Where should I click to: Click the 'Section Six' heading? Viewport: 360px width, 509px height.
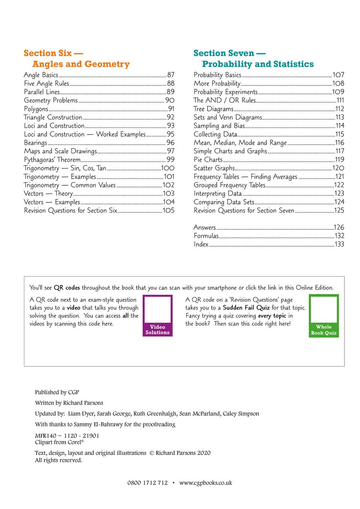pos(53,53)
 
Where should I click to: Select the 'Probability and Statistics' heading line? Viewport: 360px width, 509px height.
pos(258,64)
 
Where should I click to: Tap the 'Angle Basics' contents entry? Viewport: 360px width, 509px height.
pos(41,75)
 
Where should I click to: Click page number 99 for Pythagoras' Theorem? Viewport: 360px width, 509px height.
pos(170,159)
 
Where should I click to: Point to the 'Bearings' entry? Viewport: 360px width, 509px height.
pos(36,143)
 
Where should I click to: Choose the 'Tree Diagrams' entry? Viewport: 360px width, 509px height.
pos(214,109)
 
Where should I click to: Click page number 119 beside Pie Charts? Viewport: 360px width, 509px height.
pos(339,159)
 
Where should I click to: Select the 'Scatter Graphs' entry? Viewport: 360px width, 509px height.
pos(214,168)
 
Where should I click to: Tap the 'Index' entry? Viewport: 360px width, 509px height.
pos(201,244)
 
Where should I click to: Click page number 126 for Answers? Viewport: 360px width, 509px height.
pos(339,227)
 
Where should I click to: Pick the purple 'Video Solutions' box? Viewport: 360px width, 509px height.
pos(157,316)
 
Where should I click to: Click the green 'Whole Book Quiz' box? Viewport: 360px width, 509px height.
pos(324,316)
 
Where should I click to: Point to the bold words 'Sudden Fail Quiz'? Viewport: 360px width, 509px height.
pos(246,308)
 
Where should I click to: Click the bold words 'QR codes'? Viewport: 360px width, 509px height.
pos(67,288)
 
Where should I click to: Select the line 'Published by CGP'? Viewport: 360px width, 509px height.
pos(57,392)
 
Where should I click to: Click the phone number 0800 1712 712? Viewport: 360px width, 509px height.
pos(148,483)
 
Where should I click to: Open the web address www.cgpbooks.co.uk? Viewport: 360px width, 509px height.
pos(206,483)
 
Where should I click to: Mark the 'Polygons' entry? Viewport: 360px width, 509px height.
pos(36,109)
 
